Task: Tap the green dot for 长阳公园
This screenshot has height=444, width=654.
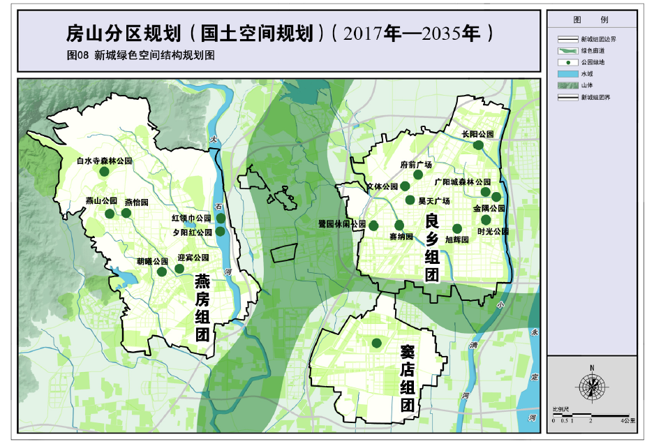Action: click(478, 145)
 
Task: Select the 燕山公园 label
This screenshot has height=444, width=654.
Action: click(101, 200)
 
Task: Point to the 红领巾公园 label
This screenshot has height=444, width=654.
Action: click(191, 218)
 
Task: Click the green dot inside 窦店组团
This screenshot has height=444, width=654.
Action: click(376, 343)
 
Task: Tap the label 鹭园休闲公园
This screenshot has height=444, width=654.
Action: click(341, 225)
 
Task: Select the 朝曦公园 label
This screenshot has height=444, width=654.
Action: click(152, 262)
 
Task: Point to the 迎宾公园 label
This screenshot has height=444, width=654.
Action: click(193, 257)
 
